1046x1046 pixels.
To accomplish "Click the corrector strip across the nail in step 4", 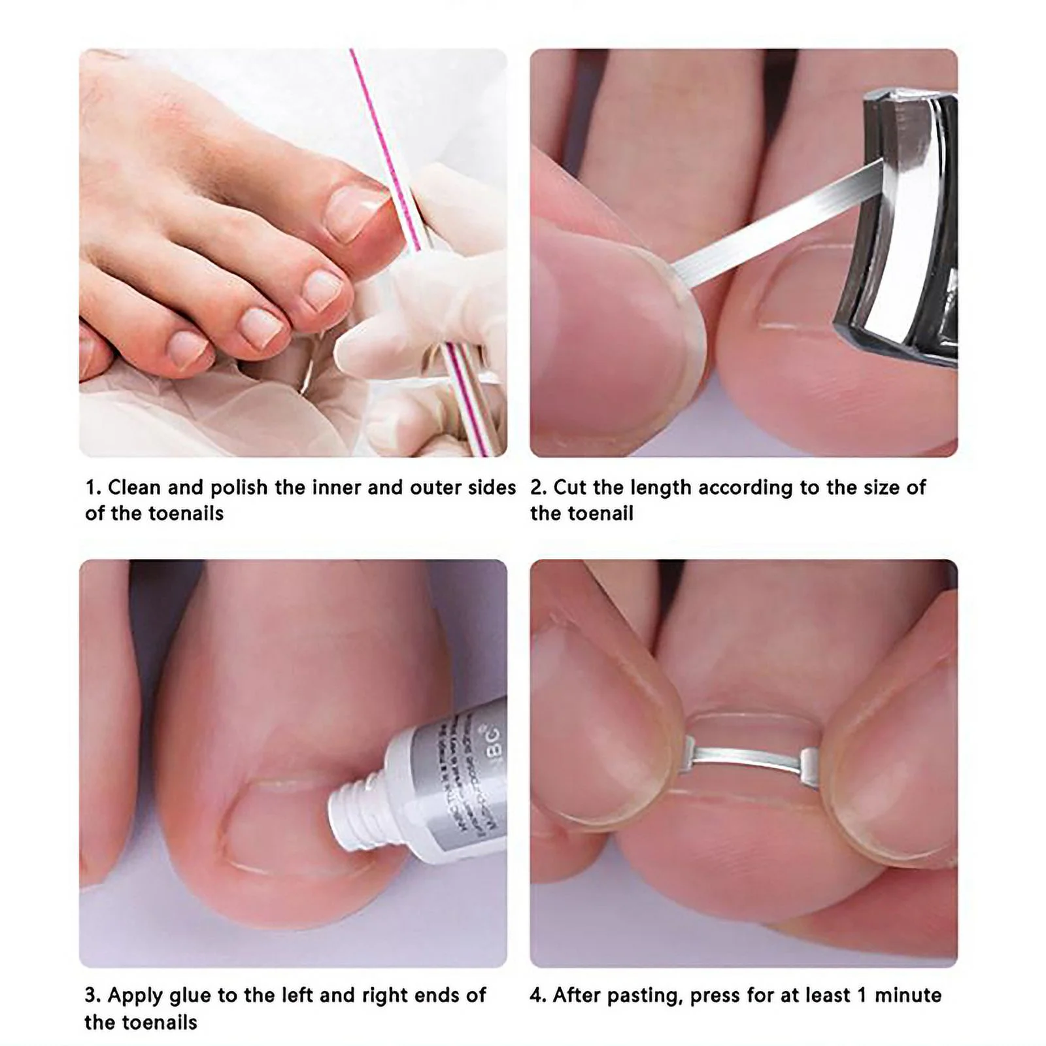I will (745, 758).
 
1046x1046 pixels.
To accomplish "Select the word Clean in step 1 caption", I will (134, 488).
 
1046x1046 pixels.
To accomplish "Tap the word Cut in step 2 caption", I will (570, 488).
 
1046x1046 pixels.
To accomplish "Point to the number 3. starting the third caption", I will (93, 996).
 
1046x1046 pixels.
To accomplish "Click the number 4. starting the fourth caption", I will (538, 996).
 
